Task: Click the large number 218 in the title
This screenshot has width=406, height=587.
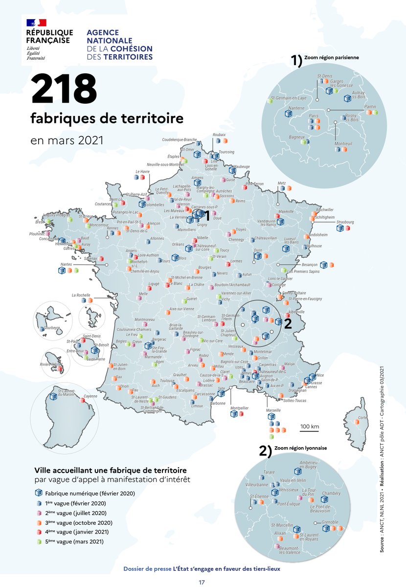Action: pos(64,90)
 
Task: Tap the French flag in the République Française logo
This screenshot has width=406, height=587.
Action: pos(37,23)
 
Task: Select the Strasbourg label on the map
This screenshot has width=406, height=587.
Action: pos(345,222)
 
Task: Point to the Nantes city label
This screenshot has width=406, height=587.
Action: pos(66,265)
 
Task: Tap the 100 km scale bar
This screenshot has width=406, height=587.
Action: pos(310,427)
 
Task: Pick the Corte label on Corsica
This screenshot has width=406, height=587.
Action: pos(362,418)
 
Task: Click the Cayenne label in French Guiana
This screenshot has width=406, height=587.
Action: pos(90,396)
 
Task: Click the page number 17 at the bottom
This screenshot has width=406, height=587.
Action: pos(202,582)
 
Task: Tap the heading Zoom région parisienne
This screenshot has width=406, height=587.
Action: pos(331,57)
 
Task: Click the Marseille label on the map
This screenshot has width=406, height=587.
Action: pos(273,410)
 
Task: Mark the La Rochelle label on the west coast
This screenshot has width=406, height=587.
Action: pos(81,295)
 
